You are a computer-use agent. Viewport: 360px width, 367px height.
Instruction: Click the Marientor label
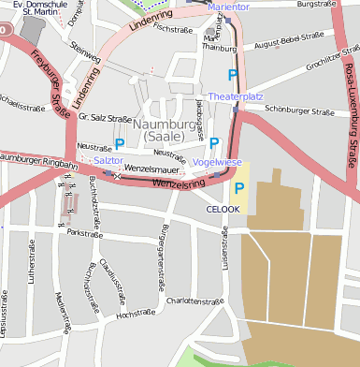229,7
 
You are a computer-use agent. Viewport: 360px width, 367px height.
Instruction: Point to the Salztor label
108,161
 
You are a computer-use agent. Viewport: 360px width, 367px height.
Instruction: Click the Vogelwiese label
217,162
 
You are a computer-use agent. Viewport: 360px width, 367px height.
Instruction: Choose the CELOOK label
223,209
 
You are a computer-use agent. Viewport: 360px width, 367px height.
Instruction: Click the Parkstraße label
85,233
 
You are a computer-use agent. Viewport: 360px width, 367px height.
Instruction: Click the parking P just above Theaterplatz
232,75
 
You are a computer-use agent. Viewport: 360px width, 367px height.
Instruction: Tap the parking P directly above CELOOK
239,188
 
